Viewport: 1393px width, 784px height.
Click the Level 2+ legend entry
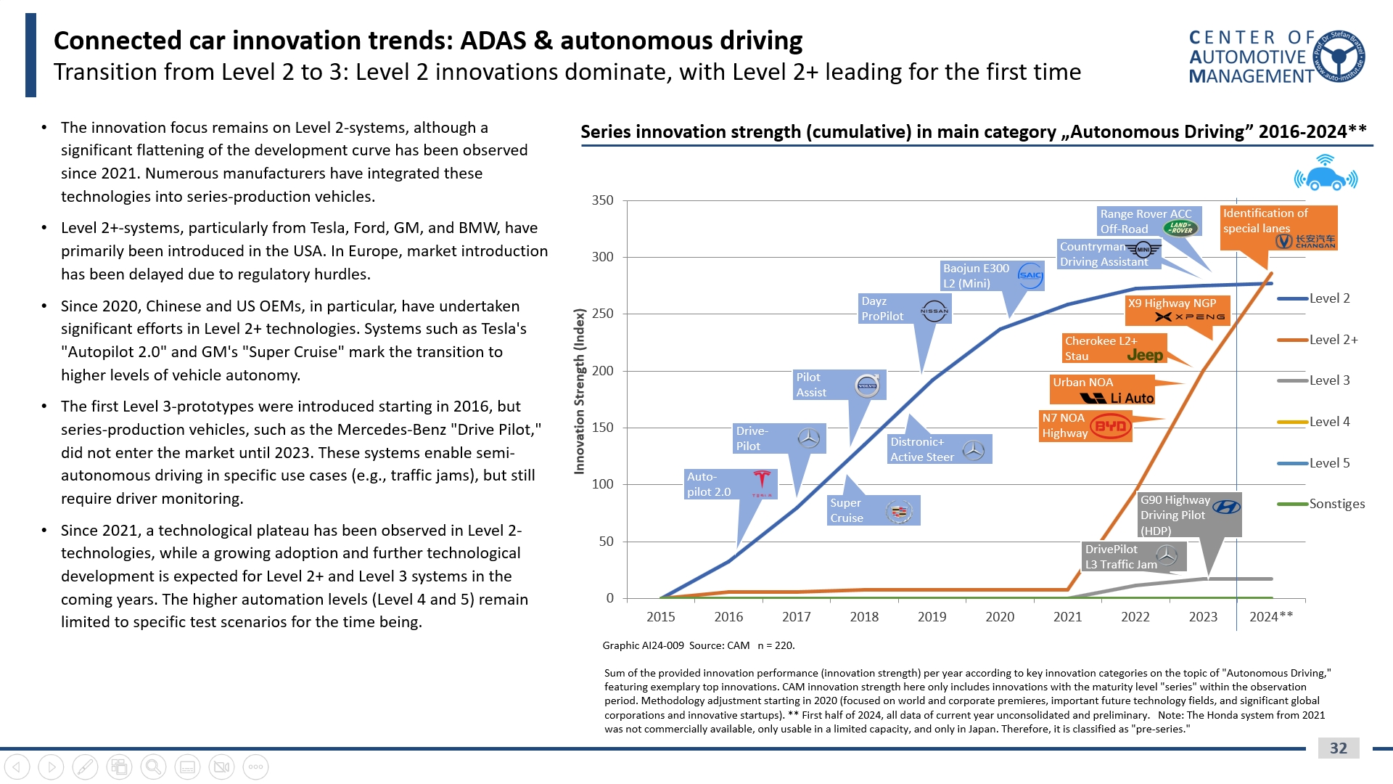coord(1332,340)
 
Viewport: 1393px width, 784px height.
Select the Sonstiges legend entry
coord(1336,504)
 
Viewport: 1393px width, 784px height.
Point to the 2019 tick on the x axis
coord(932,616)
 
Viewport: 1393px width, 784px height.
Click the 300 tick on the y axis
coord(602,257)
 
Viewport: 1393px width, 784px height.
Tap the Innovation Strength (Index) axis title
coord(579,392)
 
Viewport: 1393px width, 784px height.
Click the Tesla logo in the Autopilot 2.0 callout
coord(761,482)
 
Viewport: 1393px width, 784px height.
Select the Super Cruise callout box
coord(874,510)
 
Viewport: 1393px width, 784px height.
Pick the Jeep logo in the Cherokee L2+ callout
coord(1145,355)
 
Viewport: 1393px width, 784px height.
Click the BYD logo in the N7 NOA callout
coord(1110,426)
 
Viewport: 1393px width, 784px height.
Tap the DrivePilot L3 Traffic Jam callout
coord(1134,557)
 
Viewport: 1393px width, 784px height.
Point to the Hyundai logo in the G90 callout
coord(1226,507)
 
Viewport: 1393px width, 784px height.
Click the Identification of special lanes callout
coord(1278,227)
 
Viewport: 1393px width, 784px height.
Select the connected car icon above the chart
coord(1326,174)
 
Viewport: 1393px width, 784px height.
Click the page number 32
coord(1338,748)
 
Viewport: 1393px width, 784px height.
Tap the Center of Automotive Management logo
coord(1277,57)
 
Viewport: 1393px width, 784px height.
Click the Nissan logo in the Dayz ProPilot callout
coord(934,311)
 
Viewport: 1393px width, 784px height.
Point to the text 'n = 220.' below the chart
coord(776,645)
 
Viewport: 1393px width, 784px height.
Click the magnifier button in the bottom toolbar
coord(153,767)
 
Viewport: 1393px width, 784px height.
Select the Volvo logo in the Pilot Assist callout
coord(867,385)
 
